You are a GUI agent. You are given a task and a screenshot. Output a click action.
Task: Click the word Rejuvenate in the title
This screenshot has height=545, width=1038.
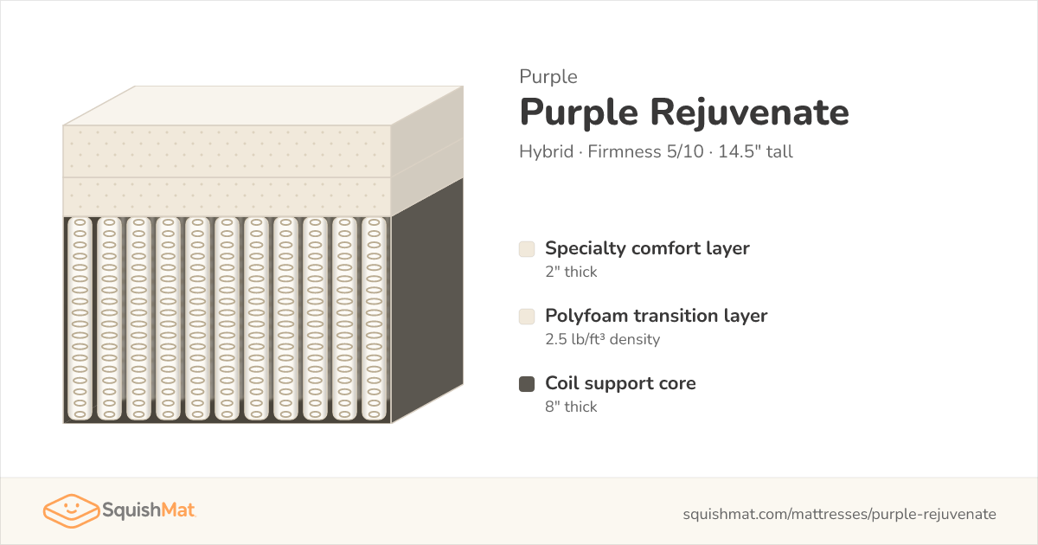[x=749, y=112]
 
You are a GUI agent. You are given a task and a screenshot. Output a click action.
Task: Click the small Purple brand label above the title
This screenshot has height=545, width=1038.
[x=548, y=77]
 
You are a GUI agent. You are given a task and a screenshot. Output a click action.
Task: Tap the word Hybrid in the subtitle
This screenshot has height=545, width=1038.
[x=547, y=151]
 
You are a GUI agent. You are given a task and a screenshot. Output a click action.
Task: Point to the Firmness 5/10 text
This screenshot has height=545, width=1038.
[x=645, y=151]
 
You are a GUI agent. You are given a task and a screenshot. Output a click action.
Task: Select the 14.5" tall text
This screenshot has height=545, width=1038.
[x=755, y=151]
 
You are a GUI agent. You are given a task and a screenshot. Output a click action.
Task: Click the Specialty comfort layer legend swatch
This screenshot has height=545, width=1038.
[x=527, y=249]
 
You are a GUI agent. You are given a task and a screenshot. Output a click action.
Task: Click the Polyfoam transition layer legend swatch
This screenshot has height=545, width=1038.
[x=527, y=317]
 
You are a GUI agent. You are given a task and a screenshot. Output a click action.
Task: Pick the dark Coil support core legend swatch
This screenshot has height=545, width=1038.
[x=527, y=384]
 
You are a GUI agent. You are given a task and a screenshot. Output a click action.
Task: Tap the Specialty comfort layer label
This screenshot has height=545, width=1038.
[x=647, y=249]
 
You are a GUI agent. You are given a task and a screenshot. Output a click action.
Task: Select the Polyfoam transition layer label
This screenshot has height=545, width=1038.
[x=657, y=316]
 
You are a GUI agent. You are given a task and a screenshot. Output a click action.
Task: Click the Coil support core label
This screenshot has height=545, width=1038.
[x=620, y=384]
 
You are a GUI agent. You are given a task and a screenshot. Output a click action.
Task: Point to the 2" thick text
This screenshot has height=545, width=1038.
[x=571, y=272]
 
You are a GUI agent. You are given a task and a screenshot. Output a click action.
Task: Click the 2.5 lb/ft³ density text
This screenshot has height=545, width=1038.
[x=602, y=339]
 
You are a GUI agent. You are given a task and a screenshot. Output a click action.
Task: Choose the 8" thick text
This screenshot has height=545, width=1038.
[x=571, y=407]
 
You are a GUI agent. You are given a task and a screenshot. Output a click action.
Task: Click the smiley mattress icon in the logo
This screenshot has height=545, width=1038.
[x=71, y=510]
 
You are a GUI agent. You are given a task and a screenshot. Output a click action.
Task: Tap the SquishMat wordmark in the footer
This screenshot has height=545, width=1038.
[x=149, y=510]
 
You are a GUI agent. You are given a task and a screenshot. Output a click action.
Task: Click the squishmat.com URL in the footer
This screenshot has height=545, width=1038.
[x=839, y=515]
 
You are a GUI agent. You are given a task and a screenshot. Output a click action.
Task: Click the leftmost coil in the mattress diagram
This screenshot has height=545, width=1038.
[x=80, y=319]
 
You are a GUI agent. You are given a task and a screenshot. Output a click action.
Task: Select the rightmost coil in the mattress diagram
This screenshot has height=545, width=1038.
[x=374, y=319]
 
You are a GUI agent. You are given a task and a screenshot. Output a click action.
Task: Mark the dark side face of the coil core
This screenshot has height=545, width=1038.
[x=427, y=301]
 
